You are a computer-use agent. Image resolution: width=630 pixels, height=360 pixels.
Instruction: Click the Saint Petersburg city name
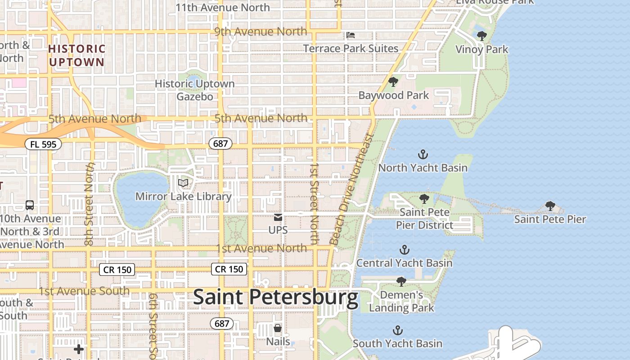[275, 297]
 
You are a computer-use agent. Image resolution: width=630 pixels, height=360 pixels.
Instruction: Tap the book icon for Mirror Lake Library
[183, 183]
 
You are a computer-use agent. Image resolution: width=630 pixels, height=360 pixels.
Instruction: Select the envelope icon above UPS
[278, 218]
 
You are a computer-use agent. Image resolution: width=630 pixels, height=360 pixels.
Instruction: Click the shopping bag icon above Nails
[278, 328]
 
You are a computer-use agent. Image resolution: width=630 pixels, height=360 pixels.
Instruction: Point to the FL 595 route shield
[43, 144]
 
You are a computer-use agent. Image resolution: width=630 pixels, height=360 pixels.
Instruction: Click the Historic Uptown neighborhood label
[76, 55]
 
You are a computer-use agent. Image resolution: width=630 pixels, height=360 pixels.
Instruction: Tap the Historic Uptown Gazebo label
[194, 90]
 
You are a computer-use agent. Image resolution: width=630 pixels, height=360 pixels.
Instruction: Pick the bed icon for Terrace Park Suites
[351, 35]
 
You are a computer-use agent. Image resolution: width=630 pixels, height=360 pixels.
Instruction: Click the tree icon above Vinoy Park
[481, 36]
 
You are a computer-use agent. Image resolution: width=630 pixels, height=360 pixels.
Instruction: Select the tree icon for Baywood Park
[393, 82]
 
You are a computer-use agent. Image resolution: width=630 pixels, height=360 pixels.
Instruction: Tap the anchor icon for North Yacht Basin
[423, 155]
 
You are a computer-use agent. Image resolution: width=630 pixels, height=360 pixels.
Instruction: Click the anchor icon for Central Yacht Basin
[405, 250]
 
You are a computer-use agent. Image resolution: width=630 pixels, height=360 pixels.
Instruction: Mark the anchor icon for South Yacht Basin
[397, 331]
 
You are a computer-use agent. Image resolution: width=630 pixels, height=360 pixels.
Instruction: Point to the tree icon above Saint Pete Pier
[550, 206]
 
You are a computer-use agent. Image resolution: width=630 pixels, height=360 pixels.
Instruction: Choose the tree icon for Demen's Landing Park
[401, 282]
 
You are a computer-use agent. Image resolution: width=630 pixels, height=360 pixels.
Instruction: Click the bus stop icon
[30, 205]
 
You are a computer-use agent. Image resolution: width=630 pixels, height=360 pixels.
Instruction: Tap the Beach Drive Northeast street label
[351, 189]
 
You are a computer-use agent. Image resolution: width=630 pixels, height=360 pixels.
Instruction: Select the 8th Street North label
[90, 203]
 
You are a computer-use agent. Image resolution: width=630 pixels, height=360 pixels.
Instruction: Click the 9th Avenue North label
[261, 31]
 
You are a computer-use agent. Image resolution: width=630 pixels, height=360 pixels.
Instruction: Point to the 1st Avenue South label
[84, 291]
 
